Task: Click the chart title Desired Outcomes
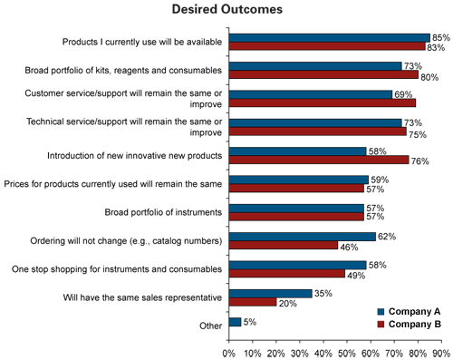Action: tap(226, 10)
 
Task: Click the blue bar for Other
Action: tap(236, 321)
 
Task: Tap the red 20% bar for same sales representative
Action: tap(253, 303)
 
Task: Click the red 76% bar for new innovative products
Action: tap(318, 161)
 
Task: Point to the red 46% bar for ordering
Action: tap(283, 246)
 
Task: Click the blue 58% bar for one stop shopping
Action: tap(297, 264)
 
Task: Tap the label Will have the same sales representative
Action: tap(139, 297)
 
